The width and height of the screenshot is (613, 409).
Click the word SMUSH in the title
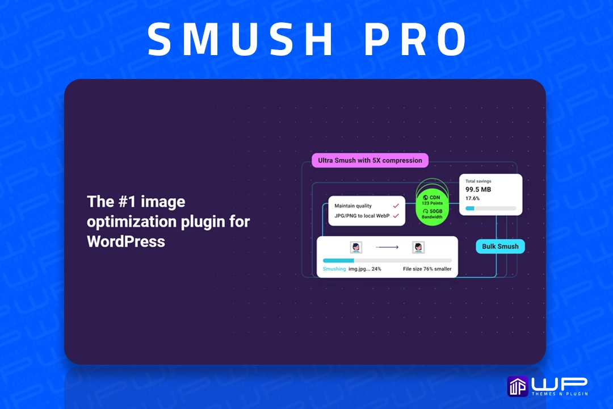(240, 39)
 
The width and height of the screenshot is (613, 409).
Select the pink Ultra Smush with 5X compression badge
(370, 160)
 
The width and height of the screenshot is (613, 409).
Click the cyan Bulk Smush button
(500, 247)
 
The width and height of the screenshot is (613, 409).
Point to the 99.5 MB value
(478, 189)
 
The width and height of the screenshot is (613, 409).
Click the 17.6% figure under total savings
(472, 198)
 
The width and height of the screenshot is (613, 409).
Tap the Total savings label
(478, 181)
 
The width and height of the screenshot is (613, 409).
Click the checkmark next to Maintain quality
(396, 206)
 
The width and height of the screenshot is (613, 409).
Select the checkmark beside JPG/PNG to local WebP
(396, 216)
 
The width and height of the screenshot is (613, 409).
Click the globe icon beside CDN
(425, 198)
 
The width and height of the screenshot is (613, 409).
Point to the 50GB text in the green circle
(436, 211)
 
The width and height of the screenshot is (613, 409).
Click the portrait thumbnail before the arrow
(356, 247)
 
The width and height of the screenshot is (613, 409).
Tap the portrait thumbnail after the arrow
(418, 247)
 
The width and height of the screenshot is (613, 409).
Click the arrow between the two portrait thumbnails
(387, 247)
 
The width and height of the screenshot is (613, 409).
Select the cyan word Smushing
(334, 269)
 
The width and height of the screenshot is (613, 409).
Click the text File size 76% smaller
(427, 269)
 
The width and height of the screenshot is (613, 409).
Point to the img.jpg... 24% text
(365, 269)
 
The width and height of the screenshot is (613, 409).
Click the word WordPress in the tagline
(126, 241)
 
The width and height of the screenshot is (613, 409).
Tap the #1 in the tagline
(127, 202)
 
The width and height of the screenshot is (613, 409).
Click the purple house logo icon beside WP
(518, 386)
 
